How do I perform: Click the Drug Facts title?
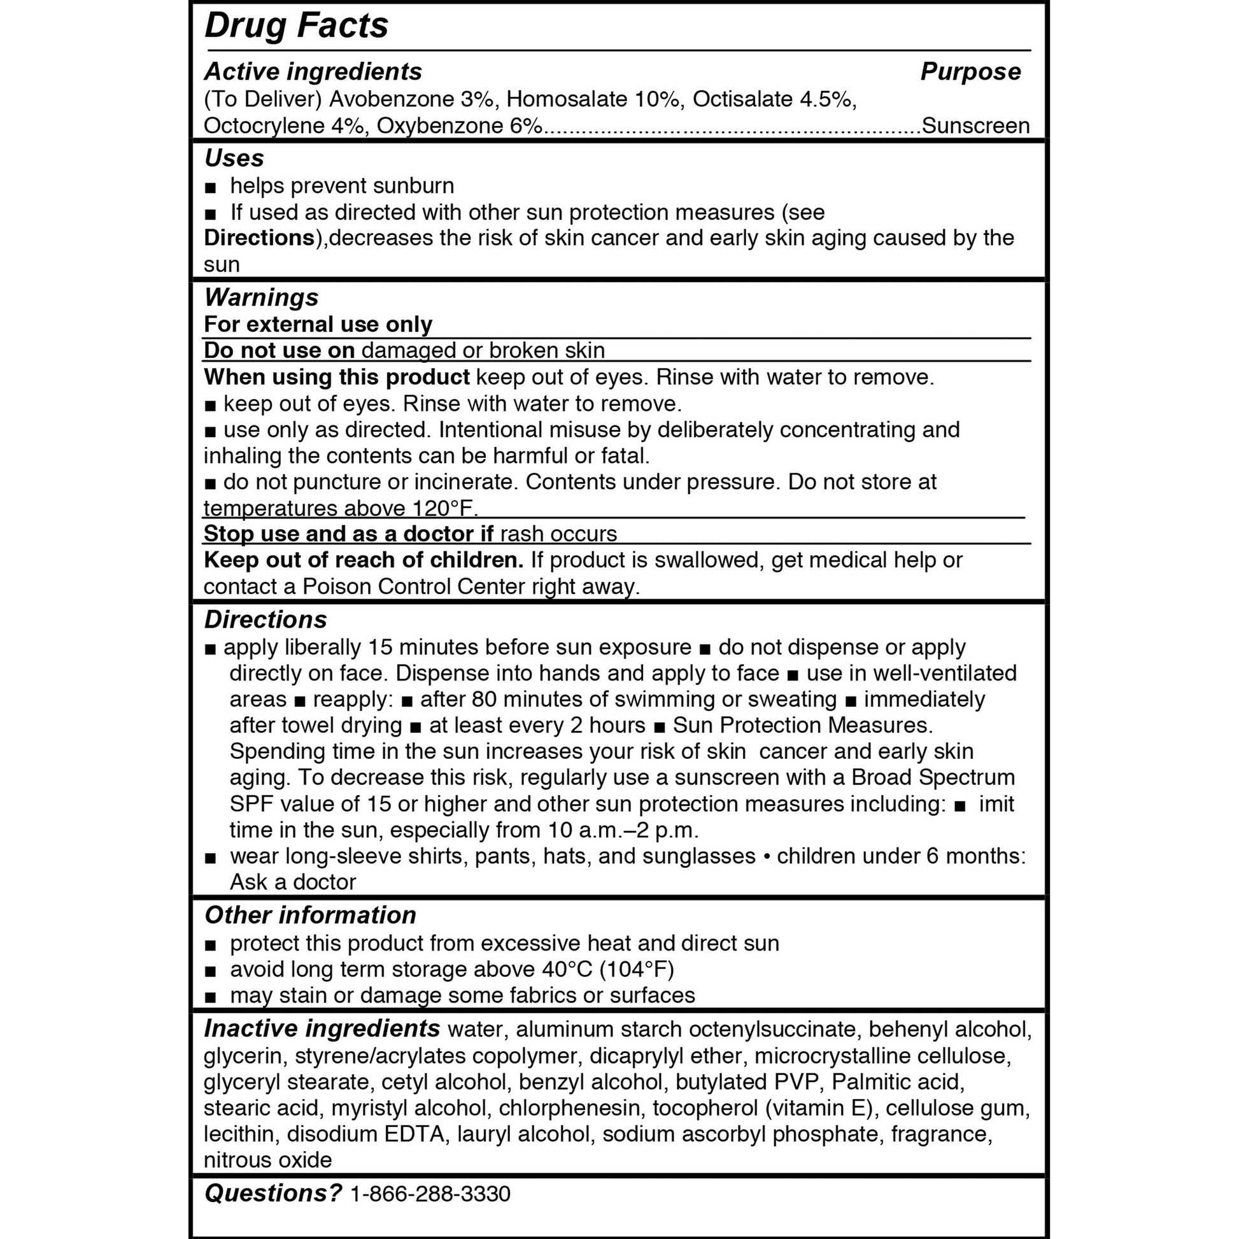[x=296, y=26]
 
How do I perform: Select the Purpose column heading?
[x=970, y=71]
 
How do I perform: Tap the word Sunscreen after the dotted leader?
[x=975, y=125]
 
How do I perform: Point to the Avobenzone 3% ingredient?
[x=411, y=99]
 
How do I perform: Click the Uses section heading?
[x=234, y=158]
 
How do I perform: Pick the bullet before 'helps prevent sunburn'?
[x=210, y=188]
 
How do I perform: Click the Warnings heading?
[x=261, y=297]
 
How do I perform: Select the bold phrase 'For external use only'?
[x=318, y=325]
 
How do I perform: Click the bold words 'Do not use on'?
[x=279, y=351]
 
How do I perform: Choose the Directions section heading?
[x=265, y=620]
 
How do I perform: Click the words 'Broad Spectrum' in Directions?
[x=933, y=777]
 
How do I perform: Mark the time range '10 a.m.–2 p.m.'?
[x=623, y=830]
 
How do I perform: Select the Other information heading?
[x=311, y=916]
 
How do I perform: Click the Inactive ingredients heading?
[x=322, y=1029]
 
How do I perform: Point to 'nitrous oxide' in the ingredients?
[x=268, y=1160]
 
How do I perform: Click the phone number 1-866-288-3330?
[x=430, y=1193]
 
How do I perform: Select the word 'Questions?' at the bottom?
[x=273, y=1193]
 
